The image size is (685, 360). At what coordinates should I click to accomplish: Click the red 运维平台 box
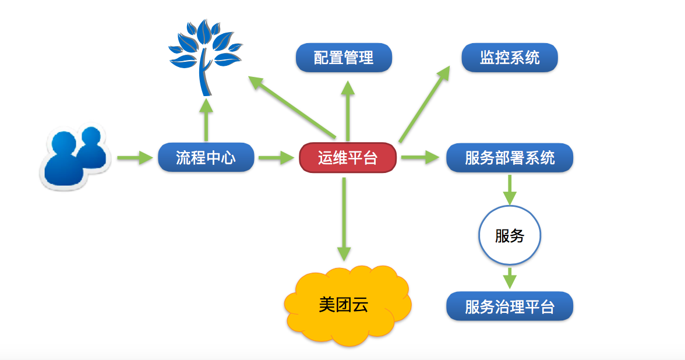pyautogui.click(x=348, y=158)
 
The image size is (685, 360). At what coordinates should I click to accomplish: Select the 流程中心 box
pyautogui.click(x=206, y=157)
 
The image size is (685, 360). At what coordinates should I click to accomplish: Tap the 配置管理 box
pyautogui.click(x=344, y=58)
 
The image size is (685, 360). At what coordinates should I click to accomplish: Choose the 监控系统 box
pyautogui.click(x=510, y=58)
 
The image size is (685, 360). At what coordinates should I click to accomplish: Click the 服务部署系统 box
pyautogui.click(x=510, y=158)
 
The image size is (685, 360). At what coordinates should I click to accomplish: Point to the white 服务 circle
pyautogui.click(x=510, y=235)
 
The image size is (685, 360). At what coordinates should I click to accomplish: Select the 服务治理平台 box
pyautogui.click(x=510, y=306)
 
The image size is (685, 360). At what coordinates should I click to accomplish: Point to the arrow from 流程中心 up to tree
pyautogui.click(x=206, y=119)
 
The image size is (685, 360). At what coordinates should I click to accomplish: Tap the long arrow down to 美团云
pyautogui.click(x=344, y=219)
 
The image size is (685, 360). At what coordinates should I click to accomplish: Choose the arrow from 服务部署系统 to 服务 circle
pyautogui.click(x=510, y=189)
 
